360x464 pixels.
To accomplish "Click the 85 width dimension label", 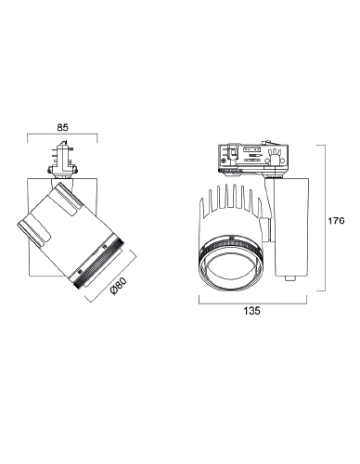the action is tap(62, 127).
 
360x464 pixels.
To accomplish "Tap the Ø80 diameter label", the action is tap(119, 286).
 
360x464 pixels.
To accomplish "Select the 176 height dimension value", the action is tap(336, 221).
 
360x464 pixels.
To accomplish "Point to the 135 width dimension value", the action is tap(252, 311).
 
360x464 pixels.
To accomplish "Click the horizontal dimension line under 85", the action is tap(62, 135).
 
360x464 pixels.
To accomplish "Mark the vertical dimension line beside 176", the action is tap(326, 218).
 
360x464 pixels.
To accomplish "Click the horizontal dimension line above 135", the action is tap(252, 303).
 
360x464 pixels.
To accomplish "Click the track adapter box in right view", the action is tap(254, 159).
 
